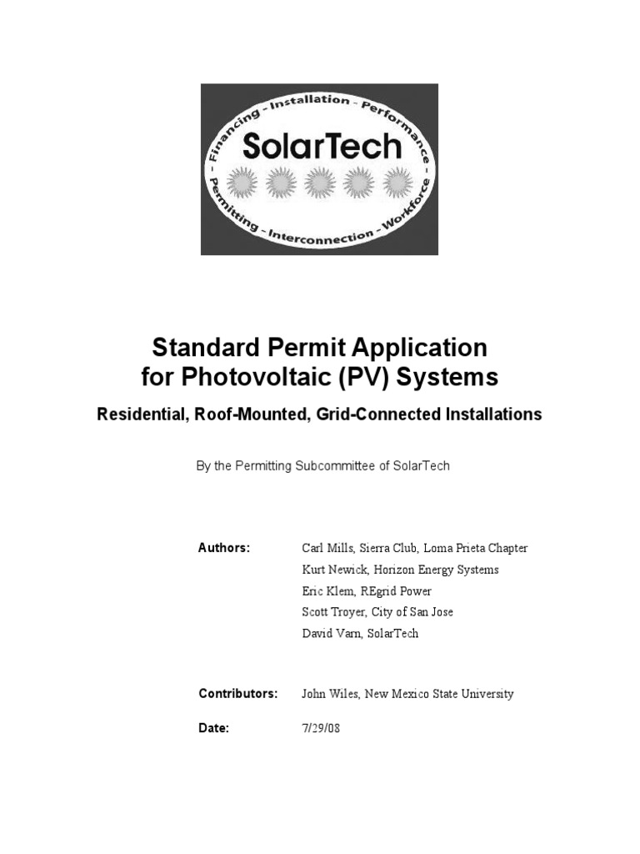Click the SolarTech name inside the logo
click(322, 147)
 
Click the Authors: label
click(224, 548)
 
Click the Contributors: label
click(237, 694)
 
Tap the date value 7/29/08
click(320, 728)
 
